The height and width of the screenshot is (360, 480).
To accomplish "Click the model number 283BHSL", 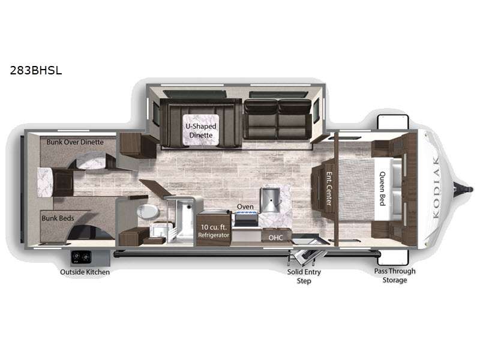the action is click(36, 70).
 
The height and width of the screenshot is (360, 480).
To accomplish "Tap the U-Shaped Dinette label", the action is click(201, 131).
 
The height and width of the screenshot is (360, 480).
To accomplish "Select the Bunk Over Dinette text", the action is click(75, 142).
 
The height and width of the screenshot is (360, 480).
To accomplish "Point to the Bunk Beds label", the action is click(58, 218).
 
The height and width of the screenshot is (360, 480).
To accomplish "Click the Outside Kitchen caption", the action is click(85, 272).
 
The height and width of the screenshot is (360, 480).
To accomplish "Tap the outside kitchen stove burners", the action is click(81, 257).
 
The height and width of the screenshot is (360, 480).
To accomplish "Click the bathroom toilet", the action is click(148, 212).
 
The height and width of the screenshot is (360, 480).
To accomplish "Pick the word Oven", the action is click(245, 206).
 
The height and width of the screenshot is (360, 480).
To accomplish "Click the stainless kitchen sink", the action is click(269, 200).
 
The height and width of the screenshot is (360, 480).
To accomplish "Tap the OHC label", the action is click(275, 238).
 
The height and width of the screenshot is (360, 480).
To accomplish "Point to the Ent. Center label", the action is click(329, 188).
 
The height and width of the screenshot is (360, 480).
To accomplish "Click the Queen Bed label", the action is click(383, 188).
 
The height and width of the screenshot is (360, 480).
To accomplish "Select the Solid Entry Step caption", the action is click(304, 276).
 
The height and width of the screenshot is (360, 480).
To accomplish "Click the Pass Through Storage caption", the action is click(395, 275).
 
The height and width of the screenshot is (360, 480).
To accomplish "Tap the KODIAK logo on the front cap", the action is click(437, 187).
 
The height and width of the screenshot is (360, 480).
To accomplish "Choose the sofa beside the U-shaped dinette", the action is click(278, 119).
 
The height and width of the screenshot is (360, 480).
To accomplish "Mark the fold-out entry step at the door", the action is click(305, 257).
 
